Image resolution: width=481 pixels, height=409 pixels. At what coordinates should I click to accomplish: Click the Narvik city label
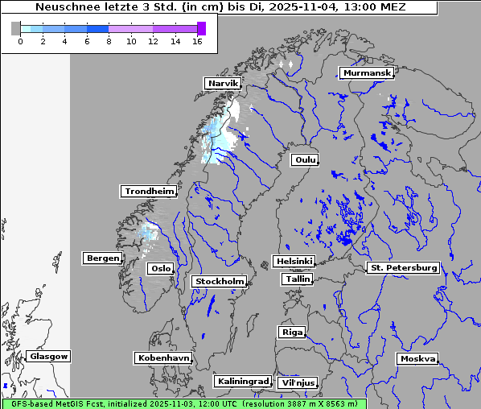[223, 83]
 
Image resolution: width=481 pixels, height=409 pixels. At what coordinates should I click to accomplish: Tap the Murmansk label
[367, 73]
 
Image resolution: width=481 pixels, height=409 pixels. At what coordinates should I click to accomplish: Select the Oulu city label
[304, 159]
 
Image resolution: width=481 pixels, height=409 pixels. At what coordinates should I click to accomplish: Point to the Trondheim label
[149, 191]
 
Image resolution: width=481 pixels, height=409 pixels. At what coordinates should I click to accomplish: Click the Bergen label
[101, 258]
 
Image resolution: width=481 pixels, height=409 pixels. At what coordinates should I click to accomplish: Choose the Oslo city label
[160, 268]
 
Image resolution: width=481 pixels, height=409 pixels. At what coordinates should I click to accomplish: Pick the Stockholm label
[219, 281]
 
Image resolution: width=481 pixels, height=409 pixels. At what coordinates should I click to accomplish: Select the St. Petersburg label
[402, 267]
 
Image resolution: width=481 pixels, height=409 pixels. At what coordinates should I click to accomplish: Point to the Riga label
[291, 332]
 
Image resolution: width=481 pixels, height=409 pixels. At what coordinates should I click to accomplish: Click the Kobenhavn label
[162, 357]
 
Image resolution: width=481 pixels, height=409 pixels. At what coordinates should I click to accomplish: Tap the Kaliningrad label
[242, 381]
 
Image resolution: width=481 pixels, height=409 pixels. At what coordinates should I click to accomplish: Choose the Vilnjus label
[297, 382]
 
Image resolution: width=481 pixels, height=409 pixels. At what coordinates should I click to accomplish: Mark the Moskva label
[417, 358]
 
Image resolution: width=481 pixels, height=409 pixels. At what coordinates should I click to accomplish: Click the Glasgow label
[48, 356]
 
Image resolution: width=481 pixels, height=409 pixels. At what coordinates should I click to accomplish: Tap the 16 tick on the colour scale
[197, 41]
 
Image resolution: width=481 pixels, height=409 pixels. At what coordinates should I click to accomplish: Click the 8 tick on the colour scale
[109, 41]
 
